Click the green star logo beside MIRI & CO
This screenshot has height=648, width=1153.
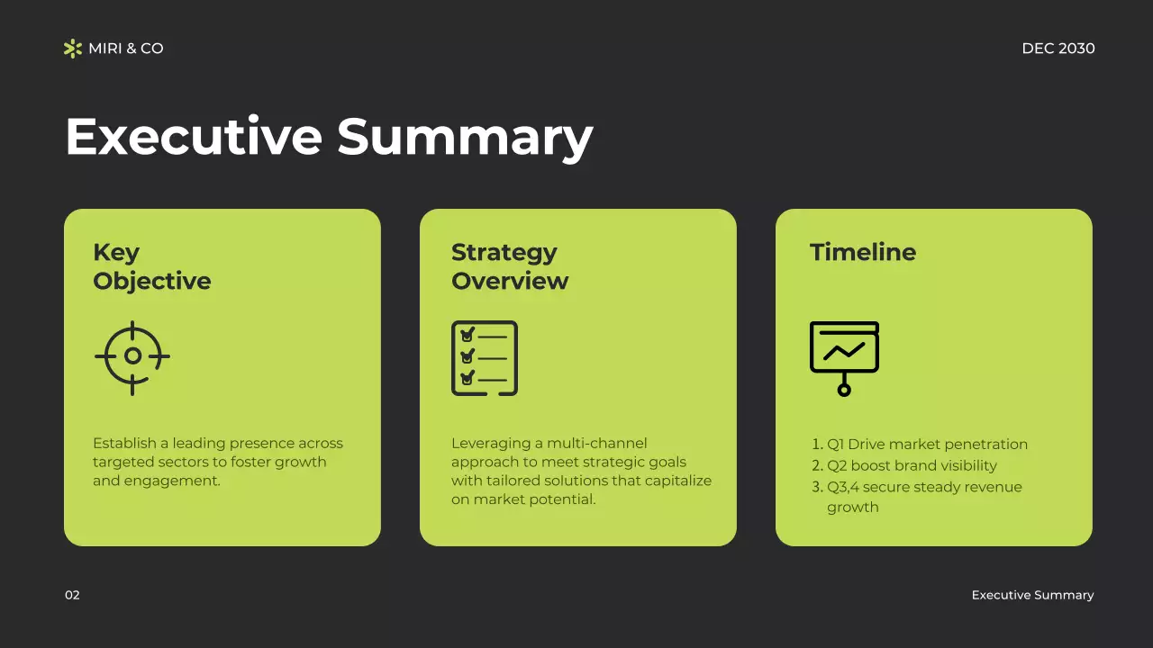pyautogui.click(x=73, y=49)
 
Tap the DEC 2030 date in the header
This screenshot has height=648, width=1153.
pyautogui.click(x=1058, y=49)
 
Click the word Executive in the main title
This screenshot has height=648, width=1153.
pyautogui.click(x=194, y=137)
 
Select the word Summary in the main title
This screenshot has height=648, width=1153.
pyautogui.click(x=465, y=137)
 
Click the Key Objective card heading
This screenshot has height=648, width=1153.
pyautogui.click(x=151, y=266)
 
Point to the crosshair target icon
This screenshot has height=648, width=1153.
pyautogui.click(x=132, y=357)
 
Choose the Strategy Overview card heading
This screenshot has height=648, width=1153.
pyautogui.click(x=509, y=266)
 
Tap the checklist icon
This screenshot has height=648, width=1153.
pyautogui.click(x=485, y=358)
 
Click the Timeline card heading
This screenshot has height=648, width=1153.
pyautogui.click(x=862, y=253)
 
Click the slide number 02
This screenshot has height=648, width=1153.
pyautogui.click(x=72, y=595)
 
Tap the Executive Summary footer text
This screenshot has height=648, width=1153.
pyautogui.click(x=1032, y=595)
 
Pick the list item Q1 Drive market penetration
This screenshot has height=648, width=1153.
pyautogui.click(x=927, y=445)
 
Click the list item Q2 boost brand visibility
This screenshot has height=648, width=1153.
pyautogui.click(x=912, y=466)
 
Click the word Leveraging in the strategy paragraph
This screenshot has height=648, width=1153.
pyautogui.click(x=487, y=444)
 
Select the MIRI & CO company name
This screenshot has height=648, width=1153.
pyautogui.click(x=126, y=49)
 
